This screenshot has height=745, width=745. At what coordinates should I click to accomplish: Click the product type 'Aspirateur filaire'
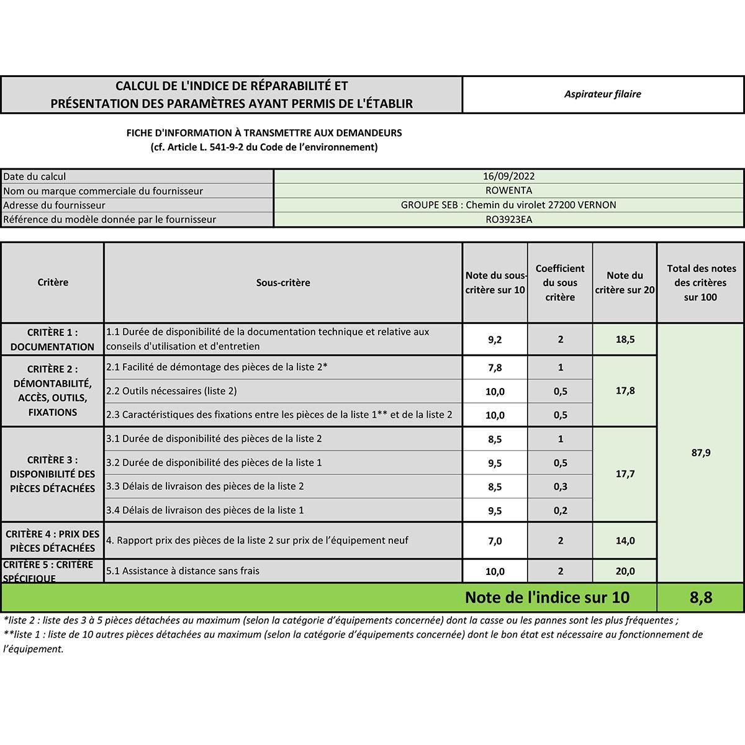pos(602,94)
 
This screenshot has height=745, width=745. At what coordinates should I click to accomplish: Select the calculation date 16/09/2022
pos(508,176)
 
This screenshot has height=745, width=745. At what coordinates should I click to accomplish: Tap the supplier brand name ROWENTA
pos(508,191)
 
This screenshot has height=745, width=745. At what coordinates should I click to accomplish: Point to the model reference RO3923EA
pos(508,219)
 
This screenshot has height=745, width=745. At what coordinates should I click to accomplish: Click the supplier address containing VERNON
pos(508,205)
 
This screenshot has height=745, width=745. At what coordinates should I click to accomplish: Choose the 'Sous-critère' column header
pos(283,282)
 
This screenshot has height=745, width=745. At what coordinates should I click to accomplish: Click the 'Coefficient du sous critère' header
pos(560,282)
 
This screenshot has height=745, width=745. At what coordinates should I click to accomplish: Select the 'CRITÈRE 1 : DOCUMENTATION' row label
pos(52,340)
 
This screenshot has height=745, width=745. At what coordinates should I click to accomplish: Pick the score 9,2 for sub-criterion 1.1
pos(495,340)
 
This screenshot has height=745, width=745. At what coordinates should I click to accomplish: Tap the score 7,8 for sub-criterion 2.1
pos(495,368)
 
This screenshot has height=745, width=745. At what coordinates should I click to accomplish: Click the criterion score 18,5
pos(625,340)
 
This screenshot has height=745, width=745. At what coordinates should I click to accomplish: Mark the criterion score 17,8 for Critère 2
pos(625,391)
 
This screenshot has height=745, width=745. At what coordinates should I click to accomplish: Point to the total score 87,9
pos(700,453)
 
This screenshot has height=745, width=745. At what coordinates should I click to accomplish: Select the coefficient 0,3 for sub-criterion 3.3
pos(560,487)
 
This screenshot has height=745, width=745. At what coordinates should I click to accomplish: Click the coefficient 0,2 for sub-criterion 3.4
pos(560,510)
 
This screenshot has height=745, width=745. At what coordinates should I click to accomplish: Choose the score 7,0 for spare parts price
pos(495,541)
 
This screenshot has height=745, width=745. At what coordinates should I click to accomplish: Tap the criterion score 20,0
pos(625,571)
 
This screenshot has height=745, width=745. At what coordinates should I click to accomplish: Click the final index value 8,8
pos(700,597)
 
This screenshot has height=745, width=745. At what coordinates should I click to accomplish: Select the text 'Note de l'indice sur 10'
pos(547,597)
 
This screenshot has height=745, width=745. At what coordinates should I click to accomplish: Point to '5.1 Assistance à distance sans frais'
pos(183,571)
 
